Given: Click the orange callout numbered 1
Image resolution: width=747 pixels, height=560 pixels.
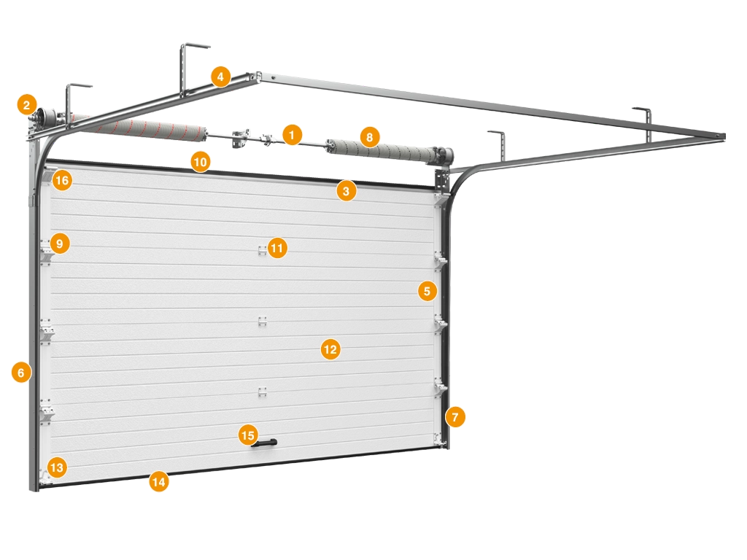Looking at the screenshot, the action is click(292, 135).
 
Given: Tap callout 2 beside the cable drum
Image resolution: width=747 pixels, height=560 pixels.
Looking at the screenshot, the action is click(27, 105).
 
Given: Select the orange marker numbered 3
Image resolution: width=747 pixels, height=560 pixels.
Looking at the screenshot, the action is click(347, 191).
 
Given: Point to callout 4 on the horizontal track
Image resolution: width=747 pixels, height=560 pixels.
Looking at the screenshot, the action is click(220, 76).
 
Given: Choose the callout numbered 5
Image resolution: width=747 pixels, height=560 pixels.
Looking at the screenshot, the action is click(427, 290).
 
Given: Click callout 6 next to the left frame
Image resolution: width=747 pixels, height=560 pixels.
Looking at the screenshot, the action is click(21, 372).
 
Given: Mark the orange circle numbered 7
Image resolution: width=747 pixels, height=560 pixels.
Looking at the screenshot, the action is click(455, 417).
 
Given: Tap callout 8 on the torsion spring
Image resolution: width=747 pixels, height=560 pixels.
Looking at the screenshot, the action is click(370, 137).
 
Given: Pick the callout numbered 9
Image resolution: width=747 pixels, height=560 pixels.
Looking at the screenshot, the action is click(60, 244).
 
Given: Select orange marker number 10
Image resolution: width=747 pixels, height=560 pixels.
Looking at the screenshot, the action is click(201, 162).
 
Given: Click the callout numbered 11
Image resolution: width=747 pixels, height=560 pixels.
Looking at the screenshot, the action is click(277, 248).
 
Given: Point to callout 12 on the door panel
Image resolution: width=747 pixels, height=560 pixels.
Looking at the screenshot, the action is click(330, 349).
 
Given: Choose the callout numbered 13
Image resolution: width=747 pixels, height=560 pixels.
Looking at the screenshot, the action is click(57, 467).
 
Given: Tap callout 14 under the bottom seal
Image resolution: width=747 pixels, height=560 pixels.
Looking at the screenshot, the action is click(158, 481).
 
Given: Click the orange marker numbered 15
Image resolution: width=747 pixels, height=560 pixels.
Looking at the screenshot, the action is click(248, 435).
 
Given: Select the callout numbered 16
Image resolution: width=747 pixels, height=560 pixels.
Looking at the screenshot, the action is click(62, 180).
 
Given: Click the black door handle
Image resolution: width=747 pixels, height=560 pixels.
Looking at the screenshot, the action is click(264, 444).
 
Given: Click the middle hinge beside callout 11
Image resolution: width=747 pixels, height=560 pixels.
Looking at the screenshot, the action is click(262, 251).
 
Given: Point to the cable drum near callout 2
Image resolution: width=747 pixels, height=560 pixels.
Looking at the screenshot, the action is click(46, 116).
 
